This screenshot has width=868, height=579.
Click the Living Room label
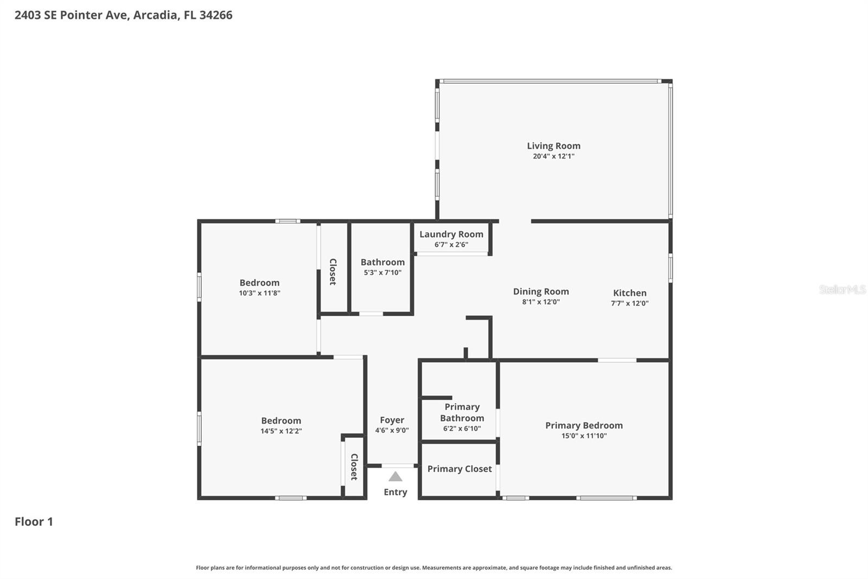point(553,146)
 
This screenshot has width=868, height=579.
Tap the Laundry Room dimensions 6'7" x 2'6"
point(451,244)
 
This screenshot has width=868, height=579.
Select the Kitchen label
point(629,293)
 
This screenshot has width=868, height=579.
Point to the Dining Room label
point(541,292)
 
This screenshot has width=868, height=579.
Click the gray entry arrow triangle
point(395,477)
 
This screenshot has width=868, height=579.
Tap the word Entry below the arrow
point(395,492)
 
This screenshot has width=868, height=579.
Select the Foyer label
point(392,420)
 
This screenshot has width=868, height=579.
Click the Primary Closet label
point(459,469)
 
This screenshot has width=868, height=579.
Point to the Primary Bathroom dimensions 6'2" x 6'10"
point(462,429)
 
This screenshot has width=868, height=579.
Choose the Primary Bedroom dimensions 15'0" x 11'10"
point(584,436)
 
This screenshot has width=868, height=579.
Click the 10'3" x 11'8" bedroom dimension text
point(259,293)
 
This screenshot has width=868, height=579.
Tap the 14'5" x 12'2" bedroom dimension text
point(281,431)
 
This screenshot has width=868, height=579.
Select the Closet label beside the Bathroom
point(333,272)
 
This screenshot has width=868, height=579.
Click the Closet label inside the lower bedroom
point(354,467)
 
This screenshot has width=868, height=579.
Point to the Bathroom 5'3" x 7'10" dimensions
point(382,273)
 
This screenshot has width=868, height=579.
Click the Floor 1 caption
point(34,522)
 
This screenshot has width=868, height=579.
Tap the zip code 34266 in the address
point(215,15)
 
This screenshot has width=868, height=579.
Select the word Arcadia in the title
point(155,15)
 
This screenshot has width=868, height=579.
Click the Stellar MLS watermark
point(842,289)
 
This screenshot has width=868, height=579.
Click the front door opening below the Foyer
point(398,465)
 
